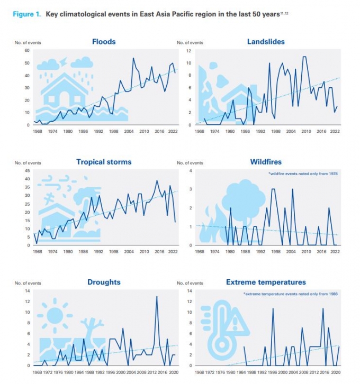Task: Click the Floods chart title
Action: (x=104, y=41)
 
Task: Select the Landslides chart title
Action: (x=266, y=41)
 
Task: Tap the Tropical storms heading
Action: (x=104, y=162)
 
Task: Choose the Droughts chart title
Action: (x=103, y=282)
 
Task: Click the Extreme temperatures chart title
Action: (x=266, y=282)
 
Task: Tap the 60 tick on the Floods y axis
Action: (x=26, y=51)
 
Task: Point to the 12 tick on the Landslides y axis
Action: (x=187, y=51)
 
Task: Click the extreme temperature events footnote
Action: (x=291, y=294)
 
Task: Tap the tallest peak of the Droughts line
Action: (x=157, y=297)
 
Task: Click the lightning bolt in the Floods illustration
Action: (x=64, y=62)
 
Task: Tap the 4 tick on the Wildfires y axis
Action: (x=189, y=170)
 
